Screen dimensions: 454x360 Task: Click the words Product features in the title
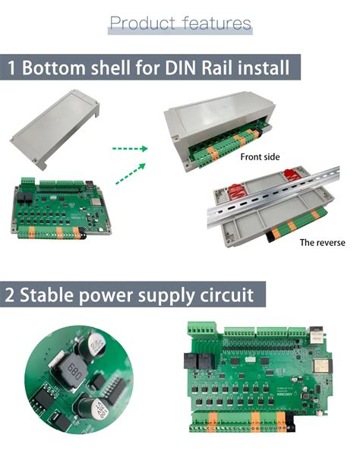[180, 23]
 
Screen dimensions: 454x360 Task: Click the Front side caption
[261, 157]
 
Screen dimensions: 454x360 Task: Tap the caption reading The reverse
[322, 242]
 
